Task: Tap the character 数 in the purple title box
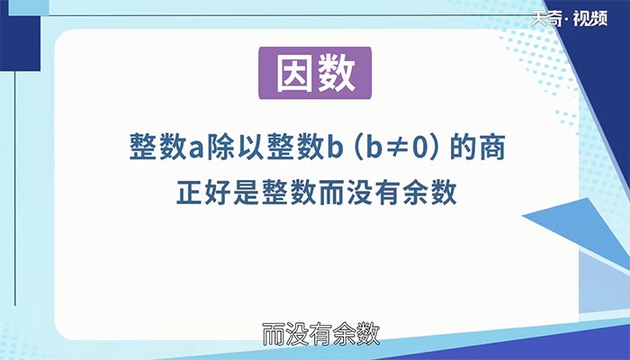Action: (335, 76)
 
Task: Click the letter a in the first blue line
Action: (197, 148)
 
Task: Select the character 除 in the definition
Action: (221, 148)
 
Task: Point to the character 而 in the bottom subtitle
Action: (273, 336)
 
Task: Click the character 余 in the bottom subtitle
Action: (340, 336)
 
